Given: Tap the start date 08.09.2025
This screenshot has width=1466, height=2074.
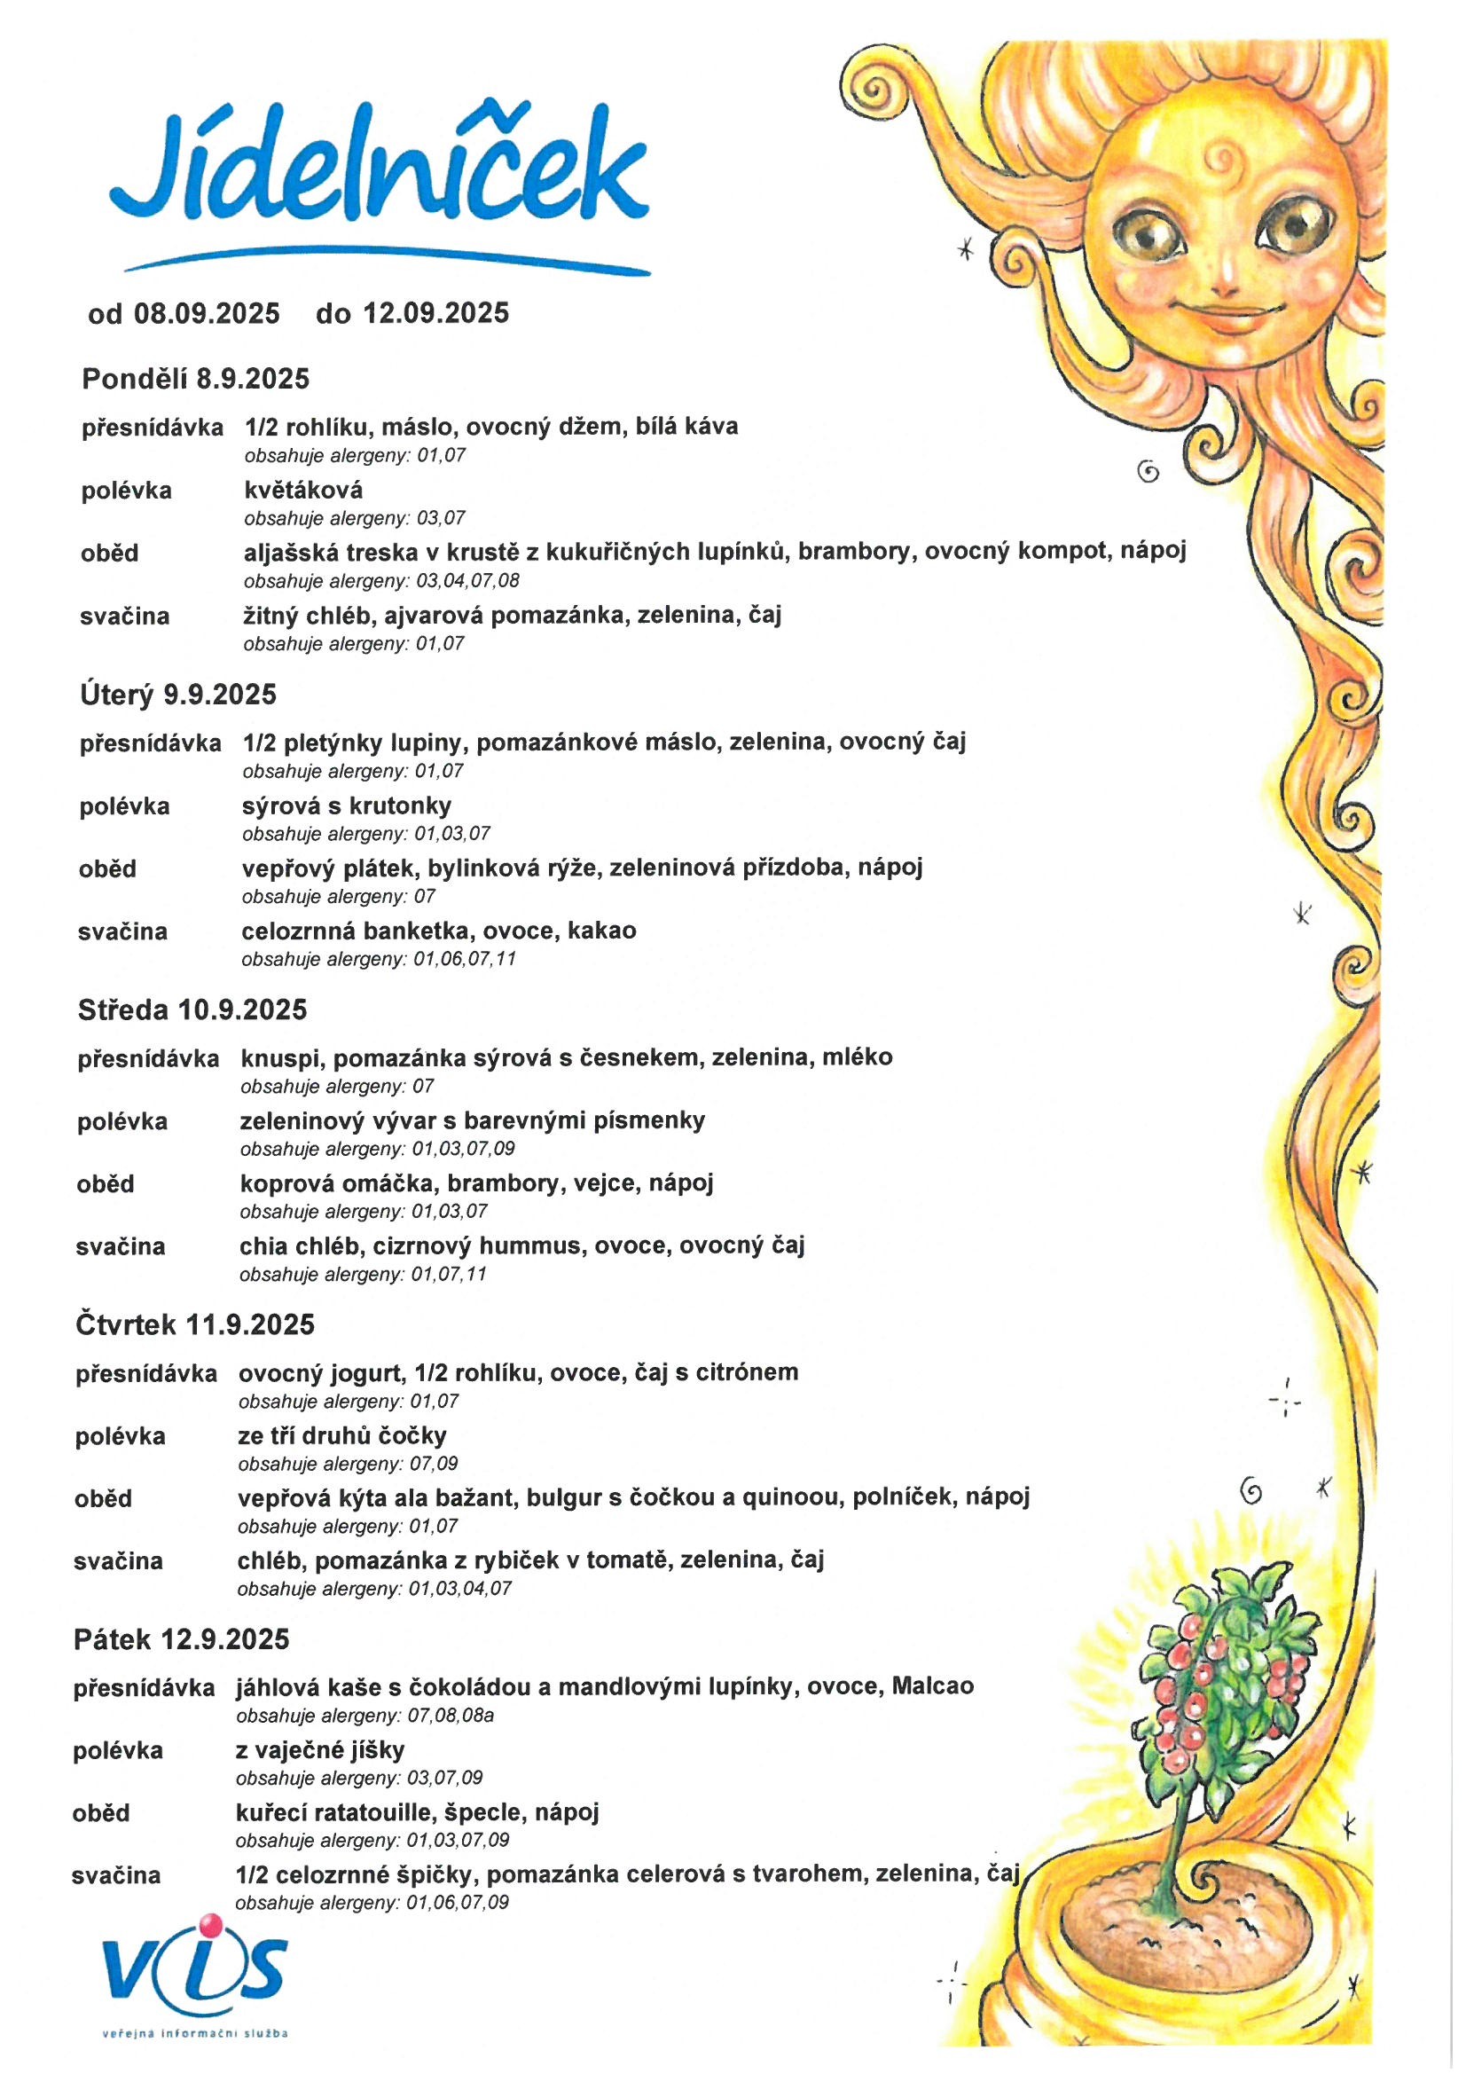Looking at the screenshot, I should [207, 313].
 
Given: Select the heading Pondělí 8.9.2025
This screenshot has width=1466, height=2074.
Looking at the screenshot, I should [195, 379].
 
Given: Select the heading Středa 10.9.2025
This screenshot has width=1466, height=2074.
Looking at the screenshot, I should [192, 1009].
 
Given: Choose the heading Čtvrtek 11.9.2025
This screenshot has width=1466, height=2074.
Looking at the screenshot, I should [195, 1324].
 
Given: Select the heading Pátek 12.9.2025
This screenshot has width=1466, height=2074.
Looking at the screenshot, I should [182, 1638].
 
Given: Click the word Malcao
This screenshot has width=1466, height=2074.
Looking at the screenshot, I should [932, 1685].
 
